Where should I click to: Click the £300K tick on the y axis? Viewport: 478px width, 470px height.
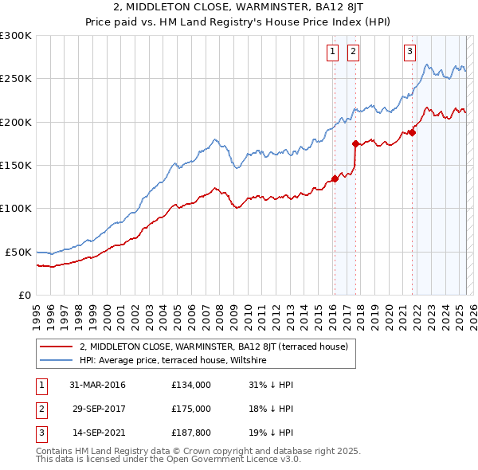15,36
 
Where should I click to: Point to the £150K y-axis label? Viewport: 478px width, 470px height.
15,166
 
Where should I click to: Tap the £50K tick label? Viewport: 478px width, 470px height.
18,252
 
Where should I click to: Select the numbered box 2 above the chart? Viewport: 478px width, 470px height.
352,53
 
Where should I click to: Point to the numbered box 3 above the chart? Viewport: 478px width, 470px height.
409,53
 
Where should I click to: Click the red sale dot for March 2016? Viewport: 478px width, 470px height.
335,178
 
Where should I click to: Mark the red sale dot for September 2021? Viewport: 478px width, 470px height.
413,132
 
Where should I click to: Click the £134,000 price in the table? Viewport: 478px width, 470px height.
190,385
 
